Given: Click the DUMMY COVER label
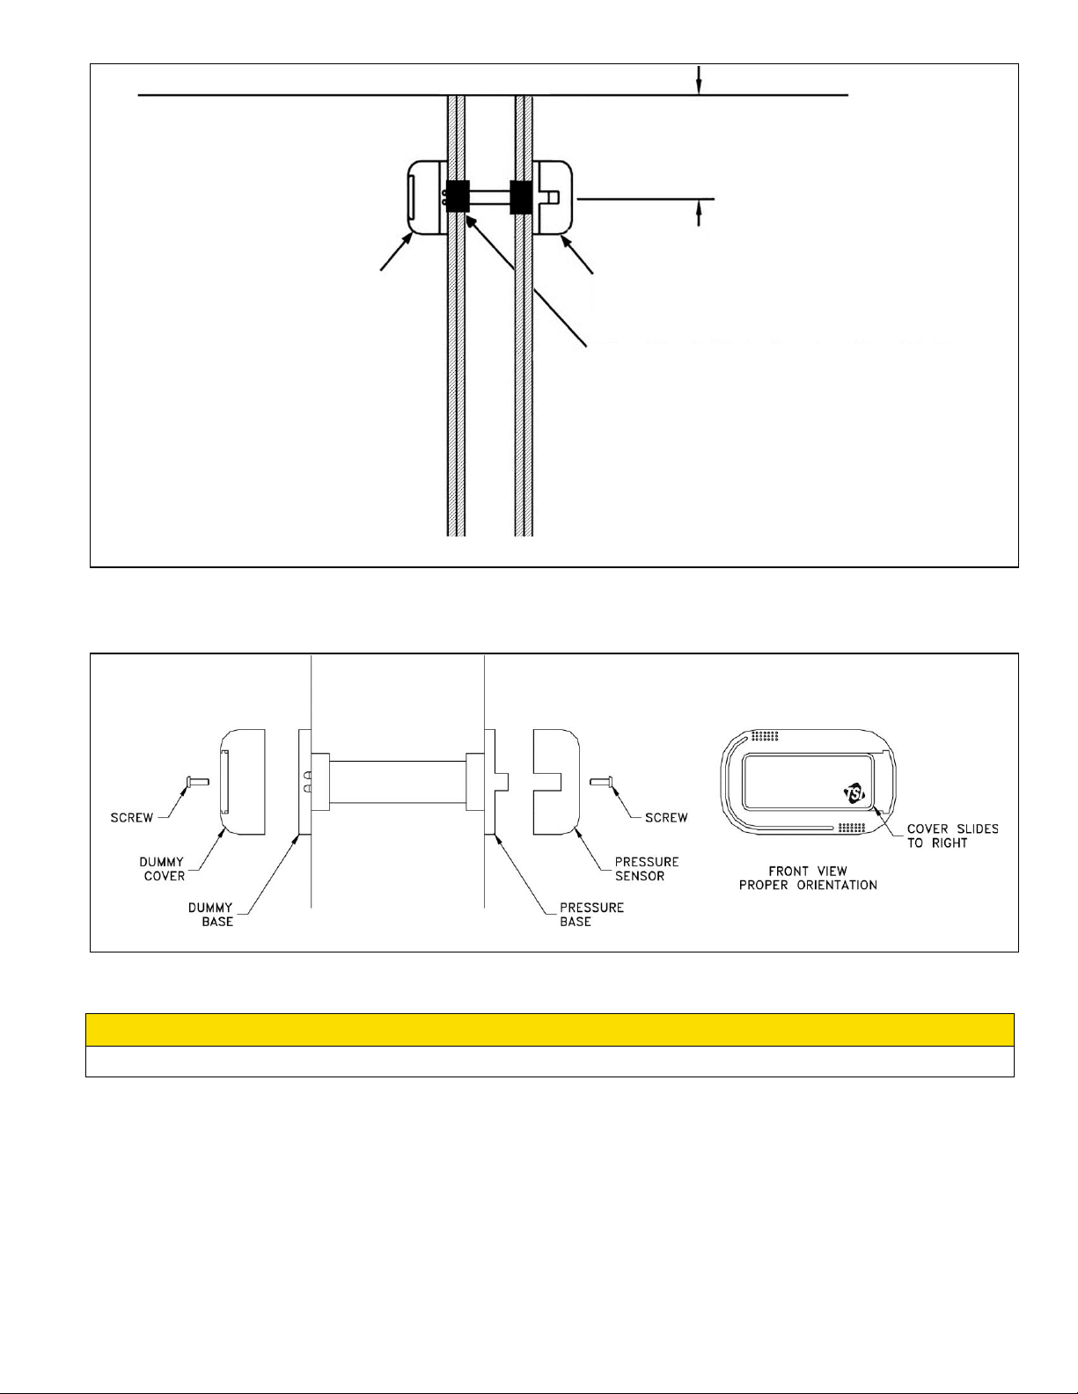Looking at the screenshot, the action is point(162,869).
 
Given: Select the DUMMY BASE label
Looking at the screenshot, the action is point(210,915).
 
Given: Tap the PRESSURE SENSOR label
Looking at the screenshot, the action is point(647,869).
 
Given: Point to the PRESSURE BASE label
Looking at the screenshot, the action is point(591,915).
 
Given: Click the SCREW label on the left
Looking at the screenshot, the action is point(132,818).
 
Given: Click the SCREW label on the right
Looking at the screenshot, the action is point(666,818).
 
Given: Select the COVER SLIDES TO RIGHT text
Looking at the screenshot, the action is point(952,836).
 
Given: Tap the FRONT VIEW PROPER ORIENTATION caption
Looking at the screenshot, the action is point(808,878).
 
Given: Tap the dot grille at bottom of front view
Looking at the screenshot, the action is point(851,828).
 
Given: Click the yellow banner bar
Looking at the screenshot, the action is point(550,1030).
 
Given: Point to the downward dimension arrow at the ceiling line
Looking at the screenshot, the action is point(699,81).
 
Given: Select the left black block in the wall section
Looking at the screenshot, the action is point(458,196).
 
